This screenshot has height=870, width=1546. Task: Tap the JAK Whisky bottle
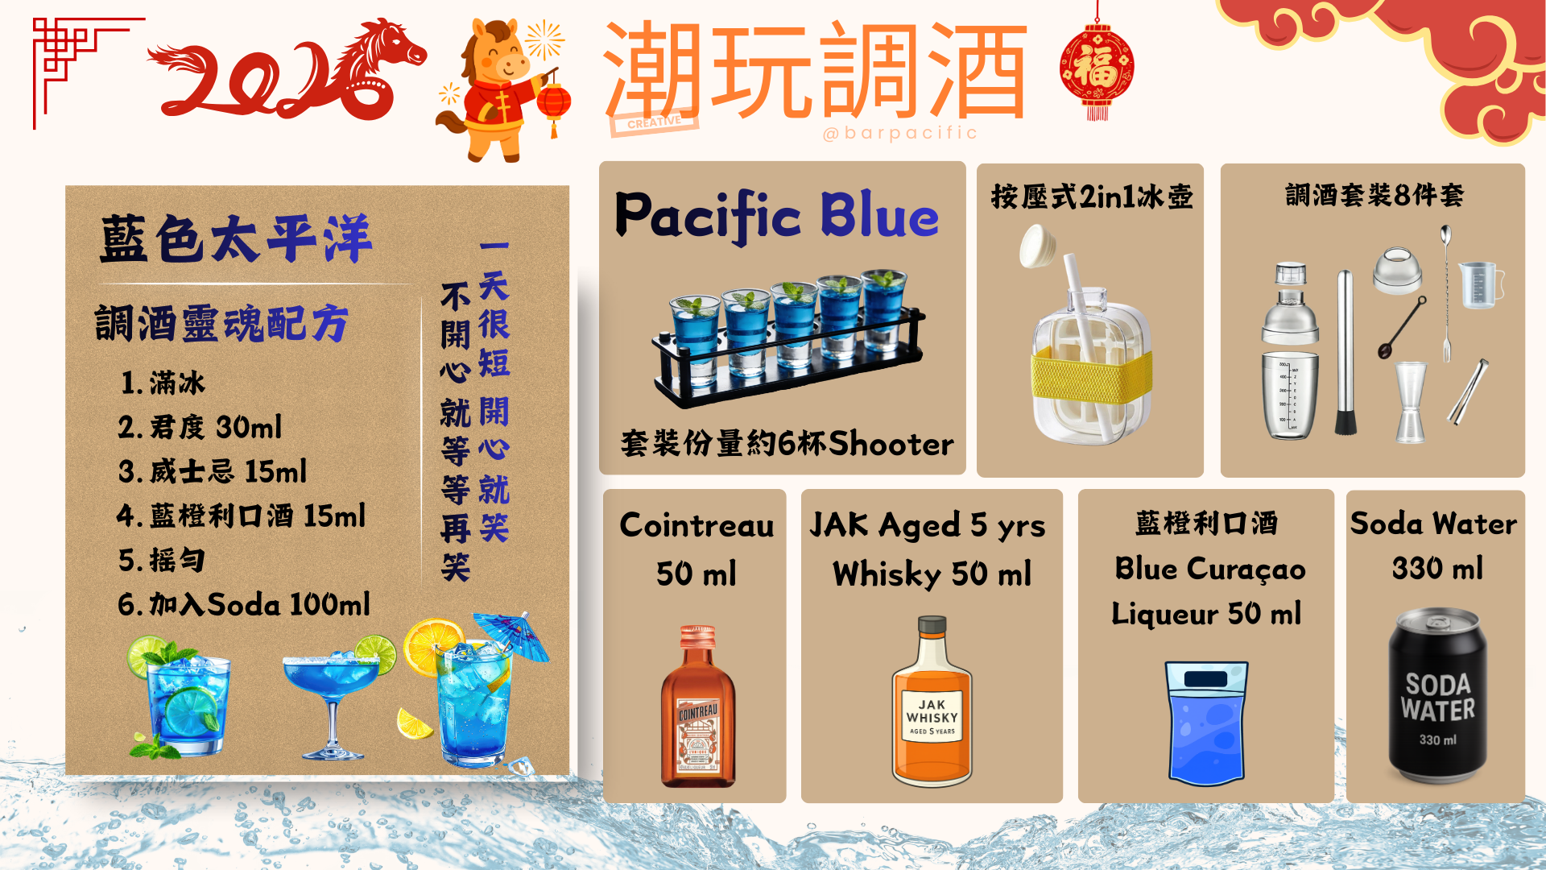[932, 705]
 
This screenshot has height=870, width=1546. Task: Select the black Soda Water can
[1437, 697]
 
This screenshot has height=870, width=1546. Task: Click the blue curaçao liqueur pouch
[1206, 722]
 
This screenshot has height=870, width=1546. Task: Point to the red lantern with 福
[1097, 68]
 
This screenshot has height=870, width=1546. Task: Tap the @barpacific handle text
[899, 133]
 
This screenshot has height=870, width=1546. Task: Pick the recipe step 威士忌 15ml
[213, 471]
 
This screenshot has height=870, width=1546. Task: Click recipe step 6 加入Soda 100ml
[244, 604]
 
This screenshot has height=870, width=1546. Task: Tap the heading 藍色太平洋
[235, 239]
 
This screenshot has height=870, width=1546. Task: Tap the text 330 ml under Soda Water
[1437, 569]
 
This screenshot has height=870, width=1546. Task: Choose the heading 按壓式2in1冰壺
[1091, 197]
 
